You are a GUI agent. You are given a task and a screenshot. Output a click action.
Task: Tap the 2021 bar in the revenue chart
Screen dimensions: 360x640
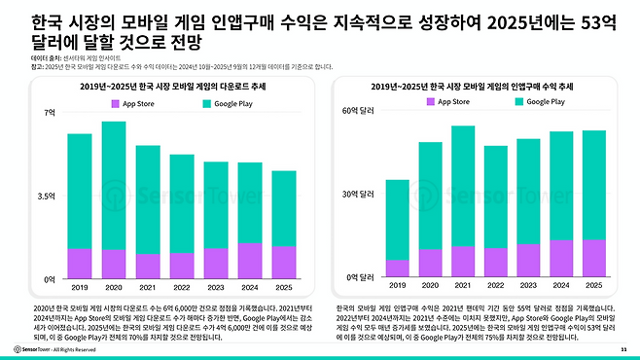coord(462,195)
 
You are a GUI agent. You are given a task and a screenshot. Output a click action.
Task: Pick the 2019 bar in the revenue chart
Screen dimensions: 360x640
coord(398,224)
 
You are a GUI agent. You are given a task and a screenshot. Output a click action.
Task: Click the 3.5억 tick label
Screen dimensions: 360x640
coord(48,196)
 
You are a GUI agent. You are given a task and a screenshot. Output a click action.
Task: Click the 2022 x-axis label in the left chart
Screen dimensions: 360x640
coord(181,287)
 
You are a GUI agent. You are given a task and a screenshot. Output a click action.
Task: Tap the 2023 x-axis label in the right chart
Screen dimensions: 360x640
coord(526,285)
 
